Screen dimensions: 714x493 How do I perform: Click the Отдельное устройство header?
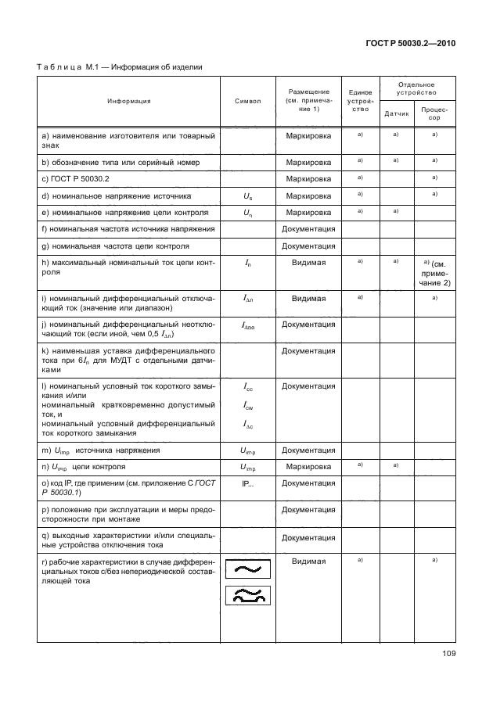pos(416,88)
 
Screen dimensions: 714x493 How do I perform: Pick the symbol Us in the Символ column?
pos(247,196)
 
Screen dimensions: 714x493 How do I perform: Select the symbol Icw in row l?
pos(247,406)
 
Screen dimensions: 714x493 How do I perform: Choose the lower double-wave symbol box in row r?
pos(247,597)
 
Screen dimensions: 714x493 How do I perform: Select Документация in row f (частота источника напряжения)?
pos(308,228)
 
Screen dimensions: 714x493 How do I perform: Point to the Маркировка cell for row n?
pos(308,467)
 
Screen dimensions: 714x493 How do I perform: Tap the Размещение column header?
pos(308,101)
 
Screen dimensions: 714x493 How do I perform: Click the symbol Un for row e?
pos(247,212)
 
